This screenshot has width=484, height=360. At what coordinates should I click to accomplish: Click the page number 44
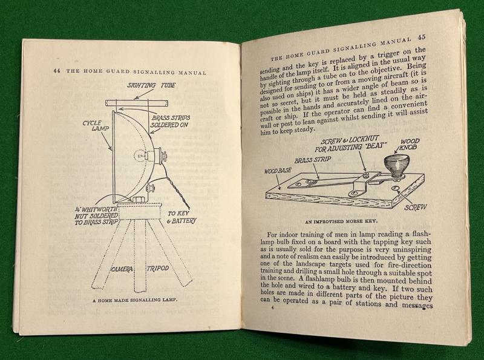(56, 71)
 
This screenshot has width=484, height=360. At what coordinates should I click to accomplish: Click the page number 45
(421, 37)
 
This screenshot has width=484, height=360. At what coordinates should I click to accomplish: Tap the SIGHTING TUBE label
(151, 85)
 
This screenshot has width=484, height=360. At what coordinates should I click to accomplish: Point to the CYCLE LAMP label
(93, 125)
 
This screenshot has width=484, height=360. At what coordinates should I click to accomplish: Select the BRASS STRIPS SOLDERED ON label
(171, 122)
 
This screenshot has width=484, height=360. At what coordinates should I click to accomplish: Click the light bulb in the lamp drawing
(140, 155)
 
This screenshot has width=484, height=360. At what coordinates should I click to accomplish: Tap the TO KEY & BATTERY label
(181, 217)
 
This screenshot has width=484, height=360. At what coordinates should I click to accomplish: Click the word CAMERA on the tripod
(122, 269)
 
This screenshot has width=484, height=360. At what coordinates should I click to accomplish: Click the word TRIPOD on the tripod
(158, 268)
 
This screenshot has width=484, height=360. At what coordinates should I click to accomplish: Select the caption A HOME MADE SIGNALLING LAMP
(132, 299)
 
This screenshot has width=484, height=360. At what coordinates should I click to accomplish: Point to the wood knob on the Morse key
(395, 167)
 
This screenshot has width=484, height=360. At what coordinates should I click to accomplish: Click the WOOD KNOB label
(408, 145)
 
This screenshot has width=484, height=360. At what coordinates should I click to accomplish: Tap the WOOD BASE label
(278, 171)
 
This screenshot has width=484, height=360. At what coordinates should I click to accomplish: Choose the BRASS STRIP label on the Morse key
(312, 160)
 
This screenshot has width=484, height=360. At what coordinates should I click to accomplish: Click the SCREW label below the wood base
(416, 207)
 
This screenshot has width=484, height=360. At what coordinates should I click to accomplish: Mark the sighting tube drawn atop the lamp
(136, 103)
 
